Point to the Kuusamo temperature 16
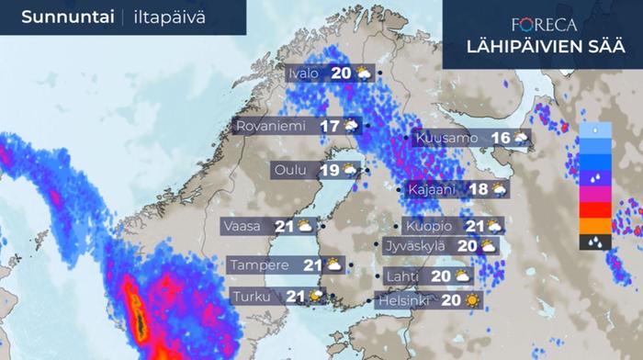pos(501,139)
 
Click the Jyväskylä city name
pos(415,246)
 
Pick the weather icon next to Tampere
pos(334,265)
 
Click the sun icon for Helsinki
pos(472,300)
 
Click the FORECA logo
pos(545,25)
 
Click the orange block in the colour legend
pos(595,226)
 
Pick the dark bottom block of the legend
pos(595,242)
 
